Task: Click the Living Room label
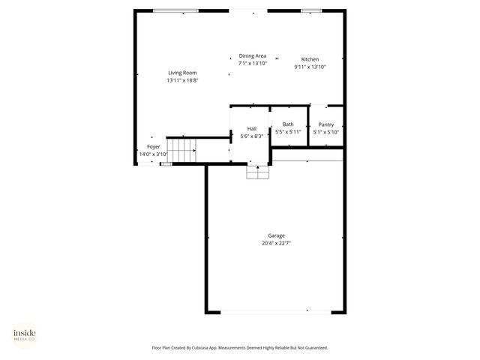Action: coord(182,73)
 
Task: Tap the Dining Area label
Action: coord(252,55)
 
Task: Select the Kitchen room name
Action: coord(310,59)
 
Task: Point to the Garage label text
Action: coord(276,235)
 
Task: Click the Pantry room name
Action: coord(325,124)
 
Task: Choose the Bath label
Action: coord(288,124)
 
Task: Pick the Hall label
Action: coord(252,129)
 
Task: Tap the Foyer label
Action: coord(153,146)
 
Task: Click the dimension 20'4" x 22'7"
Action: coord(276,243)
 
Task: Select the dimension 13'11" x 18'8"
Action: coord(182,80)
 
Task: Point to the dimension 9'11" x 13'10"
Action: coord(310,67)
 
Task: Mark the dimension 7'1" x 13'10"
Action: coord(252,63)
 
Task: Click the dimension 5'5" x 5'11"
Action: coord(288,132)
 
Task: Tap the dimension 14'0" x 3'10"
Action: coord(153,154)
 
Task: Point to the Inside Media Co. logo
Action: coord(25,335)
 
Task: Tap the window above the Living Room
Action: coord(175,10)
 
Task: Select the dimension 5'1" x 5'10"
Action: coord(325,132)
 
